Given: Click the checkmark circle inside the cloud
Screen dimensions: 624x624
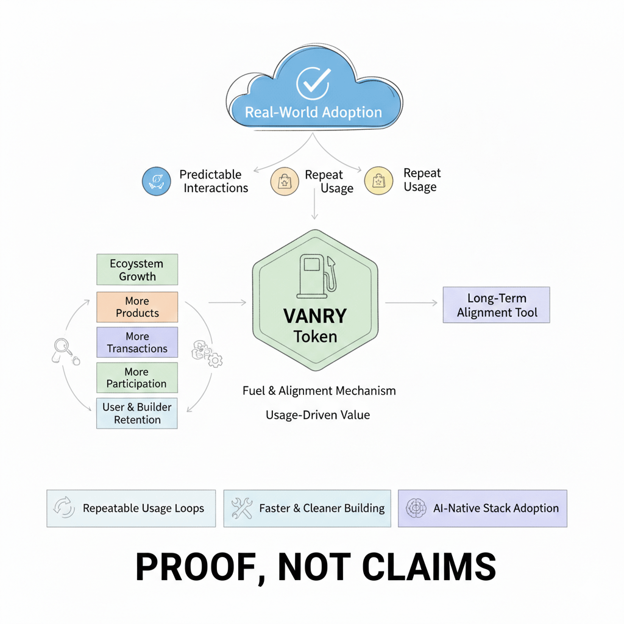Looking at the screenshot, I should pos(313,83).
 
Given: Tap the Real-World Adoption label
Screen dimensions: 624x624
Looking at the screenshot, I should pos(313,113).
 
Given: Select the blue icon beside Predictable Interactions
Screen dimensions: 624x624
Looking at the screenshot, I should pos(156,181).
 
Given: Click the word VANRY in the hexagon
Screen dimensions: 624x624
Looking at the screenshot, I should pos(315,316).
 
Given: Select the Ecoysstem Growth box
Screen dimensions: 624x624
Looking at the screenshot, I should pos(137,270).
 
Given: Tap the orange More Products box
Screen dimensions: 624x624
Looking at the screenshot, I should pos(137,307).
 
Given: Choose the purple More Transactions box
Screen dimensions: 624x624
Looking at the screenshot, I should pos(137,342).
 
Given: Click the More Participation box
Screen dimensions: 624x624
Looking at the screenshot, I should pos(137,378).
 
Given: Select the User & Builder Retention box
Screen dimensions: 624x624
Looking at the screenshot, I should pos(137,413).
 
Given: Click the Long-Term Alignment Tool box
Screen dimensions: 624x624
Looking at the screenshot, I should pos(496,305).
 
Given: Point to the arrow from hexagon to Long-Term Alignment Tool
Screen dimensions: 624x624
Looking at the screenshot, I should pos(411,302).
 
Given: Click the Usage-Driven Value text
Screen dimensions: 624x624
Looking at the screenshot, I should pos(317,415).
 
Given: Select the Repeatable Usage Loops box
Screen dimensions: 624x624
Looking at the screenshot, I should pos(131,508).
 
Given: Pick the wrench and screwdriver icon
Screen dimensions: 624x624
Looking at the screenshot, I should pos(242,508).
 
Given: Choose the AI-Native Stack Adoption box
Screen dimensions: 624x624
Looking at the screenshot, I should pos(482,508).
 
